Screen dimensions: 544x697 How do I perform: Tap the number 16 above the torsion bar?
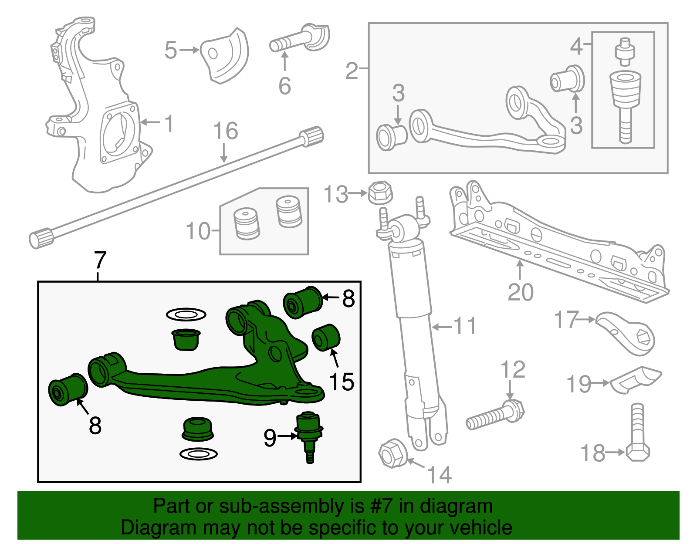pyautogui.click(x=226, y=131)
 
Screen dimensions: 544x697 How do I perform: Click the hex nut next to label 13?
pyautogui.click(x=380, y=193)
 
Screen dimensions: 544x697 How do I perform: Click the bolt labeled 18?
pyautogui.click(x=637, y=436)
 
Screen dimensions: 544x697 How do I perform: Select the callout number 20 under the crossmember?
pyautogui.click(x=520, y=292)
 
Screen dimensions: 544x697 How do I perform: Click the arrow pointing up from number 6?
pyautogui.click(x=284, y=61)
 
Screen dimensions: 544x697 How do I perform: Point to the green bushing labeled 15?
pyautogui.click(x=326, y=337)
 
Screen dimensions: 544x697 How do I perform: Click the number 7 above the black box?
pyautogui.click(x=100, y=260)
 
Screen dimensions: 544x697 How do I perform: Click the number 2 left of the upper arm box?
pyautogui.click(x=352, y=71)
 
